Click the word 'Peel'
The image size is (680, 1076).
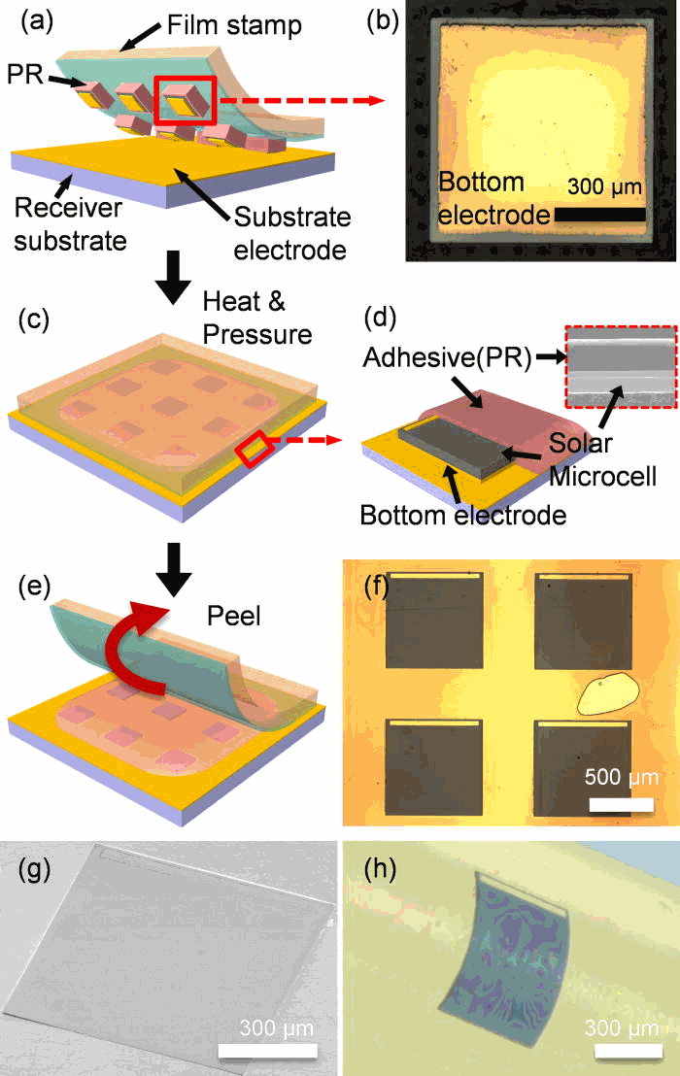point(232,617)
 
